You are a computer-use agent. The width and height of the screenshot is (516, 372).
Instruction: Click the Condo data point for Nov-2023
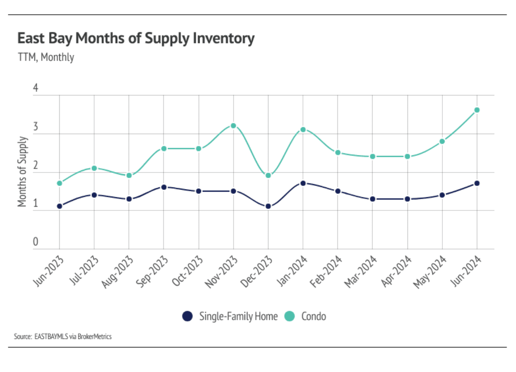[233, 126]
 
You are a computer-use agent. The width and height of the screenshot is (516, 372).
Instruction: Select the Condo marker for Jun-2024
[477, 110]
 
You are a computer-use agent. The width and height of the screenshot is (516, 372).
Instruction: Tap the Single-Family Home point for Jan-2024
[303, 183]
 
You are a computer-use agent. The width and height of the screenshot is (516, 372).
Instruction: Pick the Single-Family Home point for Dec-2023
[268, 206]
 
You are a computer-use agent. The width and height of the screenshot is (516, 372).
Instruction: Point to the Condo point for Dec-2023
[268, 176]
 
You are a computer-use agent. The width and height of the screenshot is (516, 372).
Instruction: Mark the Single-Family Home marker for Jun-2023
[59, 206]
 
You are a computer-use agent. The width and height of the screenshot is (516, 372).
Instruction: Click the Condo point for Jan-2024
[303, 129]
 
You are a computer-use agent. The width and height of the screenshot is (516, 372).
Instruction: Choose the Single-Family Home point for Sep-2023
[164, 187]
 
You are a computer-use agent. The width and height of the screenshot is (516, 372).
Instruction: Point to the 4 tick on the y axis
[36, 88]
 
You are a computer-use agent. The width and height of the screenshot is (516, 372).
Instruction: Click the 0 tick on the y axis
[36, 242]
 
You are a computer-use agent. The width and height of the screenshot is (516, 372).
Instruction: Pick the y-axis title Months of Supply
[22, 172]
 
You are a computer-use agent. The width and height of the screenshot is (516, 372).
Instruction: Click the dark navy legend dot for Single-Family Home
[187, 316]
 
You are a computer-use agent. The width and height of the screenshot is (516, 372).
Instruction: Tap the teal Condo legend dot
[289, 316]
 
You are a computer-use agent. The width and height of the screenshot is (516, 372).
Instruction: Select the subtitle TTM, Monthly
[46, 57]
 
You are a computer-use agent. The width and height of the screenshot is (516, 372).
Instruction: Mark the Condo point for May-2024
[442, 141]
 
